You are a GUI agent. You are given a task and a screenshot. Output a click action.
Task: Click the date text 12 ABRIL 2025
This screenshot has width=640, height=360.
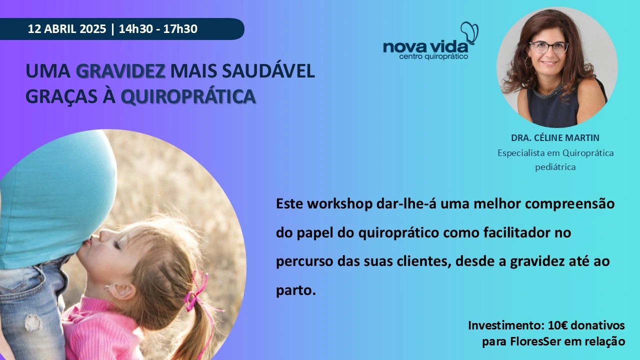tap(67, 29)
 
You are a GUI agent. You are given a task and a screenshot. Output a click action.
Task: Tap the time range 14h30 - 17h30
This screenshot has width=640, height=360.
tap(158, 29)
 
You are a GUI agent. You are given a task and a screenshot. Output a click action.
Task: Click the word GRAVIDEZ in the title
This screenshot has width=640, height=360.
tap(120, 71)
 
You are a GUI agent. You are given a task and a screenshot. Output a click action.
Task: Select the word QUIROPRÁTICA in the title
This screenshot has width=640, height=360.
tap(188, 96)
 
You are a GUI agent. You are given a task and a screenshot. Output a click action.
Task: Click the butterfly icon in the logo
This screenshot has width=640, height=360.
tap(469, 32)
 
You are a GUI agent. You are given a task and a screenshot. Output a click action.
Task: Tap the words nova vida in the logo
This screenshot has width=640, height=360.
tap(425, 47)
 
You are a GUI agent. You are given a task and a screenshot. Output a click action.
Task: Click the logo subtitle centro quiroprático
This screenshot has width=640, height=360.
tap(433, 56)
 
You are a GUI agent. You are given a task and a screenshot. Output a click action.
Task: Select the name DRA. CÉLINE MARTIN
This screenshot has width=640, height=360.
tap(555, 137)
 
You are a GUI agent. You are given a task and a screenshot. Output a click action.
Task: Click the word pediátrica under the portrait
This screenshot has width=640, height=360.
tap(555, 167)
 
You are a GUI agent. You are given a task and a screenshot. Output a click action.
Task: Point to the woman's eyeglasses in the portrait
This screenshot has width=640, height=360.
tap(548, 47)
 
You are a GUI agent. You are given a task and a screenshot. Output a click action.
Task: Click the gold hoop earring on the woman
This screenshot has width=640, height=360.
tap(528, 63)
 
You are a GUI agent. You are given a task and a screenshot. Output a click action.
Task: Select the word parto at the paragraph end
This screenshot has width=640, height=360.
tap(295, 290)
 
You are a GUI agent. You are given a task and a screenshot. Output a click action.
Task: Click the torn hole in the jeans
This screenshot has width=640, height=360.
tap(33, 323)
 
